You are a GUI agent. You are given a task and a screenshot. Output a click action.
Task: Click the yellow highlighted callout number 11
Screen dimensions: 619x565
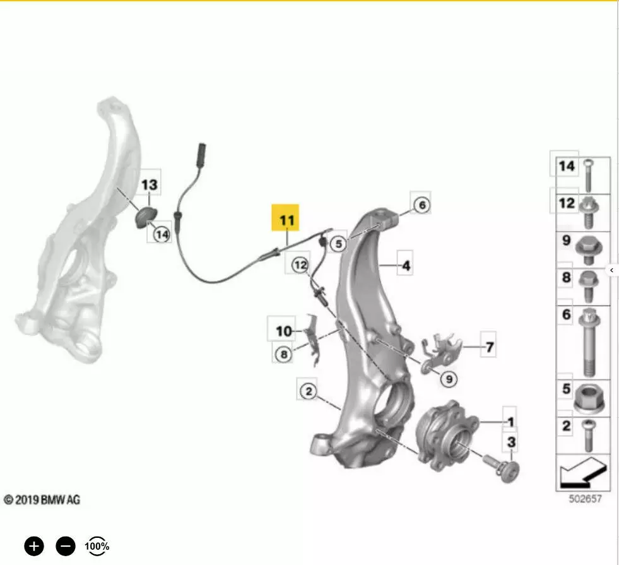285,218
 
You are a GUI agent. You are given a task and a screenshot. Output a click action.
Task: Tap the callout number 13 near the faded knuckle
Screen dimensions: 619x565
149,184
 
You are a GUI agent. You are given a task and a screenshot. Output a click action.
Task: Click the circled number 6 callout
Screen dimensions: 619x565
422,205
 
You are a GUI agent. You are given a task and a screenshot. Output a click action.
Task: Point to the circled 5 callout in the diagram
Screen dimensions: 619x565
338,244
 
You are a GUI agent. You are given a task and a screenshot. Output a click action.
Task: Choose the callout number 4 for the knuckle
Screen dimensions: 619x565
406,265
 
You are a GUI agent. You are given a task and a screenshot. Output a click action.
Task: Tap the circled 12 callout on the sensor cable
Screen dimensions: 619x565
300,265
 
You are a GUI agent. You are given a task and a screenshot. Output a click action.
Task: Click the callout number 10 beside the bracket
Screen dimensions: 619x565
284,331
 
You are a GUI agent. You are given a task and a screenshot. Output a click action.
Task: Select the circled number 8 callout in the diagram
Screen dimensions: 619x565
283,354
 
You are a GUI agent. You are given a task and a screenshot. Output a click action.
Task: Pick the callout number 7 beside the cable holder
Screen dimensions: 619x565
490,347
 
